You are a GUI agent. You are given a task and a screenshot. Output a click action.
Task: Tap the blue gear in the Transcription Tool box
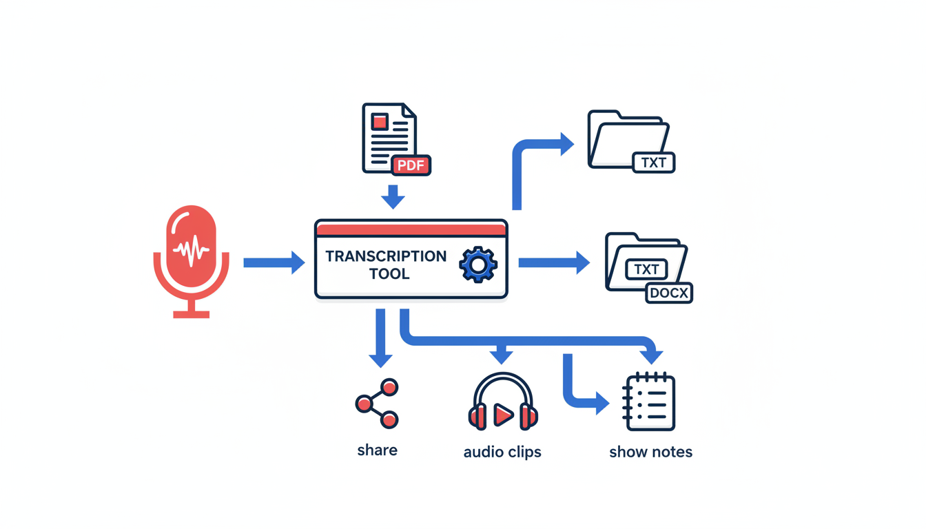(477, 264)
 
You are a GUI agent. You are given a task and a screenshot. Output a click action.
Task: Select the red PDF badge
(411, 165)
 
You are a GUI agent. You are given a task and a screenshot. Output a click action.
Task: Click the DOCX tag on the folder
(669, 293)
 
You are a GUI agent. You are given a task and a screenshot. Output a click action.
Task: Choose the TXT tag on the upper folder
(653, 163)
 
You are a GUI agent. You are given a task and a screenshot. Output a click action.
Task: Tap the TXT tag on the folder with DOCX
(646, 269)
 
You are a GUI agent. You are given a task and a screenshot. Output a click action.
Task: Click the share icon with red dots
(377, 403)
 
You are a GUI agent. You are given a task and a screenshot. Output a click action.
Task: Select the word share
(377, 450)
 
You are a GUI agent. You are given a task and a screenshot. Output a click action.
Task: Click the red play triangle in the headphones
(503, 415)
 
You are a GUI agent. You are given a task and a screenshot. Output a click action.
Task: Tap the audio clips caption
(502, 453)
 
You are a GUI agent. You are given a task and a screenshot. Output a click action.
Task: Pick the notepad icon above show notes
(649, 402)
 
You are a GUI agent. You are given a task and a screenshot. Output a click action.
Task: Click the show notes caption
(650, 453)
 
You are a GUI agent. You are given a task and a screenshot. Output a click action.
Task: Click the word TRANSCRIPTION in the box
(386, 256)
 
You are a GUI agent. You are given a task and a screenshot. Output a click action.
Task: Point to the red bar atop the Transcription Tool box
(411, 229)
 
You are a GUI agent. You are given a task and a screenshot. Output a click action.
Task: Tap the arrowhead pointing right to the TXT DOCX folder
(582, 262)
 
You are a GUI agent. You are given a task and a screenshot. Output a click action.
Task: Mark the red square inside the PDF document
(380, 122)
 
